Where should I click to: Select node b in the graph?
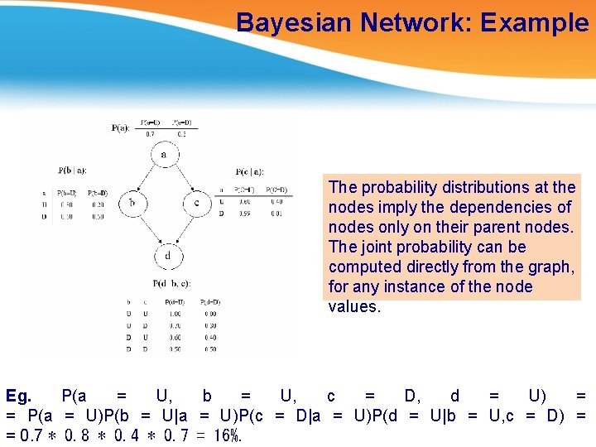pos(132,203)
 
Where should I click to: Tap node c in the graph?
pos(196,203)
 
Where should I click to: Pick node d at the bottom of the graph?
pos(168,256)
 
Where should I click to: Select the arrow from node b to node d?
pos(147,229)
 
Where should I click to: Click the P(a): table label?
pos(120,128)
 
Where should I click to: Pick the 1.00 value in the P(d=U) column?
pos(174,314)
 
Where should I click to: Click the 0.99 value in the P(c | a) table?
pos(243,214)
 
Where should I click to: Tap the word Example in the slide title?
pos(535,22)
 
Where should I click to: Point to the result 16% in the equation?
pos(225,435)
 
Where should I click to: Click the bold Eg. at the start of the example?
pos(19,396)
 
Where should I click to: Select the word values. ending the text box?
pos(354,306)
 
